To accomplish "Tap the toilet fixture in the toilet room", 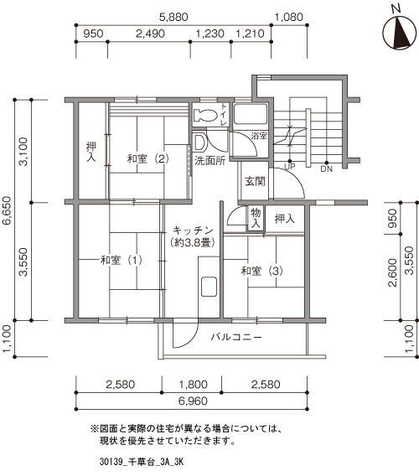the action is click(205, 115).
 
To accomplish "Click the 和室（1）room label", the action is click(122, 260).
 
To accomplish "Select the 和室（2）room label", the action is click(147, 158).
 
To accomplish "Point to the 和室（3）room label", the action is click(262, 271).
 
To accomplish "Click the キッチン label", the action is click(193, 230).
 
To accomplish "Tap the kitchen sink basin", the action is click(209, 287).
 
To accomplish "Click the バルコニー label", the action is click(236, 337).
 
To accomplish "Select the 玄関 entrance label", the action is click(255, 182).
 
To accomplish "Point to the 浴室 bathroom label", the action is click(259, 136).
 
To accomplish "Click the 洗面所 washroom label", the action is click(209, 160).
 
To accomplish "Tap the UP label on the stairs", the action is click(289, 167).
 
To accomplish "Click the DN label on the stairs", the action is click(327, 168).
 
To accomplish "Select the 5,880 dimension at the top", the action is click(173, 17).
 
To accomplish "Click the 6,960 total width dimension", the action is click(193, 401).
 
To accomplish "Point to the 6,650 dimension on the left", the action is click(7, 210).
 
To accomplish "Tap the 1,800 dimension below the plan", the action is click(193, 385).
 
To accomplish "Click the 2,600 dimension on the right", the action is click(393, 272).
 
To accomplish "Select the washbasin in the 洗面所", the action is click(199, 142).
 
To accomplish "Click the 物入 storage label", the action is click(256, 218).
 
